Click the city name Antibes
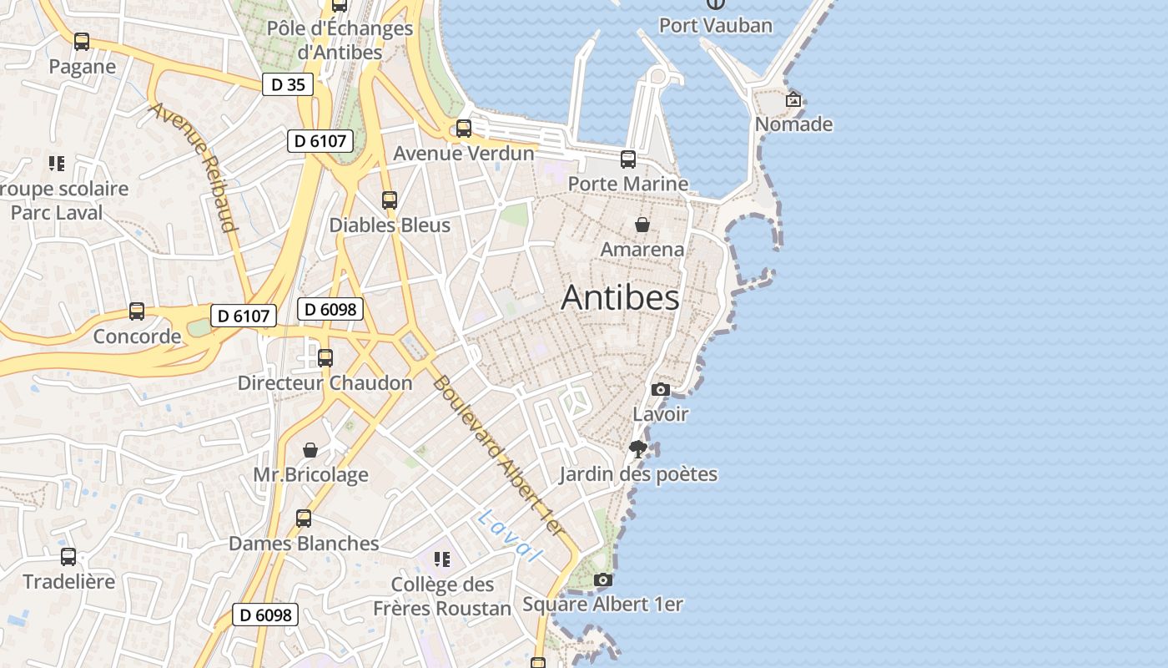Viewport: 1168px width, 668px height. click(620, 297)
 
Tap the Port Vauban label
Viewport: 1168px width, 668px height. click(716, 25)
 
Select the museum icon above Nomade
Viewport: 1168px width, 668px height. click(793, 99)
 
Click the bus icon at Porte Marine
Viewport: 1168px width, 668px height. click(628, 159)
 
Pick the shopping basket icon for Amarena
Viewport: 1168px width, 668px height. click(642, 225)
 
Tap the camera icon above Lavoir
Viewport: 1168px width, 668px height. click(660, 389)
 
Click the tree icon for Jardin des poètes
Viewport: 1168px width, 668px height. click(638, 449)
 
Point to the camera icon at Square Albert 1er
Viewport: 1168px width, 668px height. click(602, 579)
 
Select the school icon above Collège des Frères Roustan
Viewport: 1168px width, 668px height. click(441, 559)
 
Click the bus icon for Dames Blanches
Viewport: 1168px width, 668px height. click(304, 519)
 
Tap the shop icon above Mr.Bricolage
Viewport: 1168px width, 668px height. click(310, 451)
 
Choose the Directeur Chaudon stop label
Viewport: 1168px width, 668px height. click(325, 383)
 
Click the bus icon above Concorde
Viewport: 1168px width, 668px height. click(137, 311)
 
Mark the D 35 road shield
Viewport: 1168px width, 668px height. click(288, 84)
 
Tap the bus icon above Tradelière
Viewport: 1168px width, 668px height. click(68, 557)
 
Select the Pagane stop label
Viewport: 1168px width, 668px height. click(82, 67)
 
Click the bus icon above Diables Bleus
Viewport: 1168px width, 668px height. click(390, 200)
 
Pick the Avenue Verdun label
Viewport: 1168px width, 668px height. click(463, 154)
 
